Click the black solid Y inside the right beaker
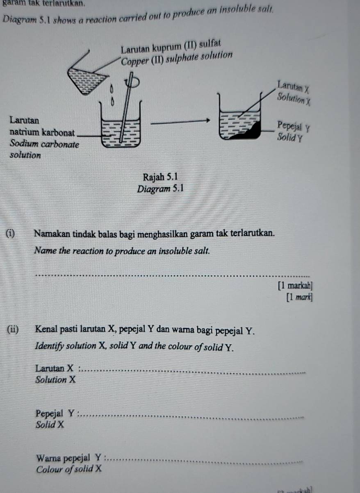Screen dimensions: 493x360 [x=251, y=132]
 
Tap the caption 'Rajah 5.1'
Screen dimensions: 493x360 [x=161, y=177]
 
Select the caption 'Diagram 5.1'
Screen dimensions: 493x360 [x=161, y=189]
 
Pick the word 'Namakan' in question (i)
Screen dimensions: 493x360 [x=51, y=234]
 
